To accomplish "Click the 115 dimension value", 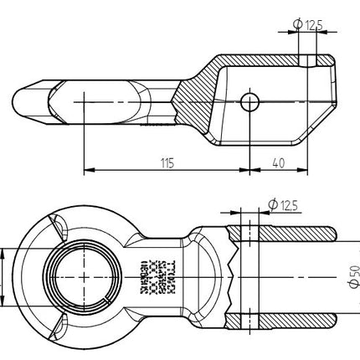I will click(x=167, y=162).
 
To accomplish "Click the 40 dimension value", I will click(x=278, y=162).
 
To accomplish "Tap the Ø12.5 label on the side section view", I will click(x=308, y=25).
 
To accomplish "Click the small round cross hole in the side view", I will click(x=249, y=100).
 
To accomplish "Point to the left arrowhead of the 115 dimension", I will click(x=88, y=172).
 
